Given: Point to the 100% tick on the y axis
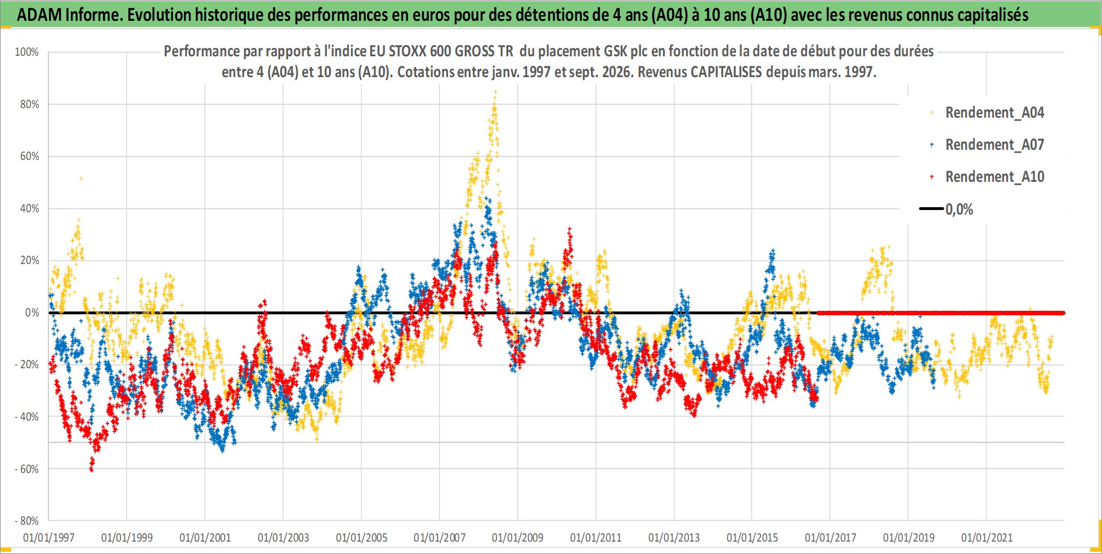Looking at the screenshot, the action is (26, 52).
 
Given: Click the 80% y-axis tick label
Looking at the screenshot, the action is (29, 104).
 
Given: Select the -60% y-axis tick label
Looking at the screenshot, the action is (26, 469).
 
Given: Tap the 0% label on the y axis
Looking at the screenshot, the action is (32, 312).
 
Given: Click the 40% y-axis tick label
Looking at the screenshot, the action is (29, 208).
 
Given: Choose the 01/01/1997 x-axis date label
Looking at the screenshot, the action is (48, 538).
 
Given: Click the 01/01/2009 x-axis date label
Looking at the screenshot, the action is (517, 538).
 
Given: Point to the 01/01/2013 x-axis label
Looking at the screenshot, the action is (674, 538).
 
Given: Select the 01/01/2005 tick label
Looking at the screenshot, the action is (361, 538).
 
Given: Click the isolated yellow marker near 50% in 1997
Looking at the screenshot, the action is (81, 178).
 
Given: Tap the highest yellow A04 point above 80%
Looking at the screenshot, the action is (495, 91).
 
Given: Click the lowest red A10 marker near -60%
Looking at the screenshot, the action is (91, 469).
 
